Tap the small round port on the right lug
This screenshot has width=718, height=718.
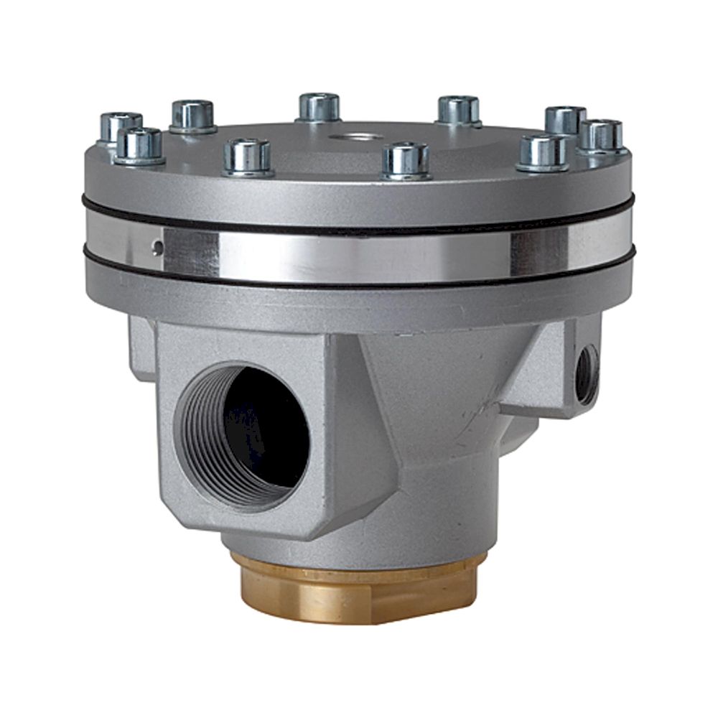587,373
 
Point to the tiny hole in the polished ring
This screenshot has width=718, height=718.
157,248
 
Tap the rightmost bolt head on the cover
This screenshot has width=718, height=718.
602,135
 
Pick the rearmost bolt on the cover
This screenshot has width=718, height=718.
319,107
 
